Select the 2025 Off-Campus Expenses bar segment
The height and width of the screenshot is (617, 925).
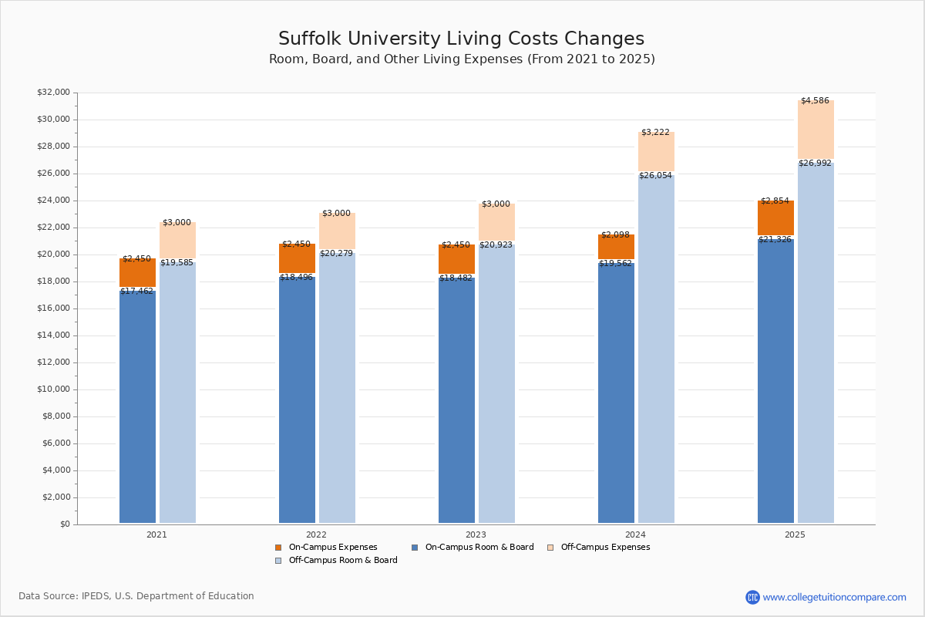pyautogui.click(x=816, y=130)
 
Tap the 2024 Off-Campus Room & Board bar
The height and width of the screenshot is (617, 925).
pyautogui.click(x=656, y=347)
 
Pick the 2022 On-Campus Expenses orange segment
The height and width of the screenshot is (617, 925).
pyautogui.click(x=297, y=258)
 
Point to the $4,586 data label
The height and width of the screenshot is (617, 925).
pyautogui.click(x=815, y=101)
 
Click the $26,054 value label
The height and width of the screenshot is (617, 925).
pyautogui.click(x=655, y=176)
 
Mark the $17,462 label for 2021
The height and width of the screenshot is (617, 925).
pyautogui.click(x=136, y=292)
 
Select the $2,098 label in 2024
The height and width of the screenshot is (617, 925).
pyautogui.click(x=616, y=235)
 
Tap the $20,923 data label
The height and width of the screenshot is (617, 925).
pyautogui.click(x=496, y=245)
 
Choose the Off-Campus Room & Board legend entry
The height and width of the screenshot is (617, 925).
pyautogui.click(x=342, y=561)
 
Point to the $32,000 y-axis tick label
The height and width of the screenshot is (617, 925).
pyautogui.click(x=53, y=93)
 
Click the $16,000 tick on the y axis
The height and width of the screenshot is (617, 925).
pyautogui.click(x=53, y=308)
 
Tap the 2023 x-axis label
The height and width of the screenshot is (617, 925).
pyautogui.click(x=476, y=534)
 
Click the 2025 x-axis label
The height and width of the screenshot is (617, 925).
pyautogui.click(x=795, y=534)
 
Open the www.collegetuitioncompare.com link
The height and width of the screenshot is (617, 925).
pyautogui.click(x=834, y=597)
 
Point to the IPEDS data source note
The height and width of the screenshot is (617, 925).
pyautogui.click(x=136, y=596)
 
